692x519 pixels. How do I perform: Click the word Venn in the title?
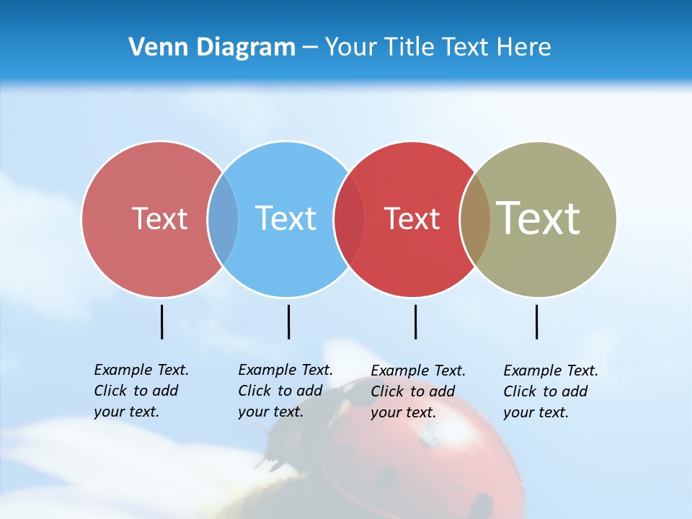[x=153, y=48]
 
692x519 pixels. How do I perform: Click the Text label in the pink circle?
[x=159, y=218]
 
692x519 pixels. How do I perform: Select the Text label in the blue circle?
[x=285, y=218]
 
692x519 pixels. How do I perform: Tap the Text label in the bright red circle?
[x=412, y=218]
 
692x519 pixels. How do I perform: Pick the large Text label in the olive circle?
[x=538, y=218]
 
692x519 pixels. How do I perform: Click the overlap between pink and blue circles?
[x=223, y=218]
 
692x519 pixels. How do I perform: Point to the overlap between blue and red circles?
[x=349, y=218]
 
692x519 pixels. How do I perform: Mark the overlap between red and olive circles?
[x=474, y=218]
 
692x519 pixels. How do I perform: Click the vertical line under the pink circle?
[x=161, y=321]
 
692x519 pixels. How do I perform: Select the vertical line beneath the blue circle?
[x=288, y=321]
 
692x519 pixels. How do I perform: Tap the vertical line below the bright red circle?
[x=415, y=321]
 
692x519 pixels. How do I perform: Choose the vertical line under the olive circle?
[x=536, y=321]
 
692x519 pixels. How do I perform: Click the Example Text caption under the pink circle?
[x=141, y=391]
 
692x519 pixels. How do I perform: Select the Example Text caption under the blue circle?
[x=285, y=391]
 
